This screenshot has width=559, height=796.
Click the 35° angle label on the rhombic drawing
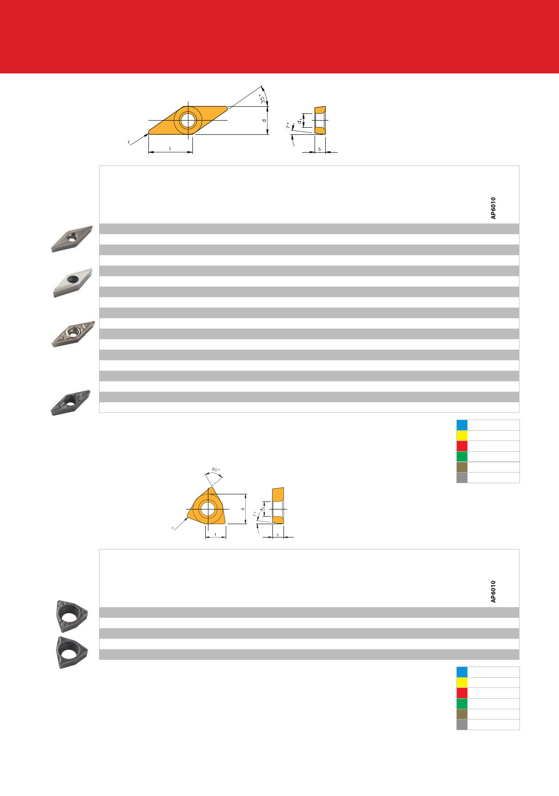[x=263, y=99]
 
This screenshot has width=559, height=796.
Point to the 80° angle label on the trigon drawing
[x=216, y=470]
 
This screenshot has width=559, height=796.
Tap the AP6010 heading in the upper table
[x=493, y=208]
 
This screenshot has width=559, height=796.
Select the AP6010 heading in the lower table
[x=493, y=592]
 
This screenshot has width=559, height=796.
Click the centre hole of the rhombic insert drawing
[x=188, y=120]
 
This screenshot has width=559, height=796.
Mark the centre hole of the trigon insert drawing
[x=207, y=509]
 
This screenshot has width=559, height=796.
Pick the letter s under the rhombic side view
[x=319, y=149]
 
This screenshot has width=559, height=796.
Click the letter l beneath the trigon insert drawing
[x=216, y=534]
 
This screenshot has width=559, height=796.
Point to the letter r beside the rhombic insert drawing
[x=129, y=142]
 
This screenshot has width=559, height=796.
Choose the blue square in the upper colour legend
[x=462, y=425]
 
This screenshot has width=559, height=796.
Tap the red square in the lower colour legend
[x=462, y=693]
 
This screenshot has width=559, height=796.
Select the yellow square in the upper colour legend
[x=462, y=436]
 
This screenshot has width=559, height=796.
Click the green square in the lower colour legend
[x=462, y=703]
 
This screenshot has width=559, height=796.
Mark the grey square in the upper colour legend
[x=462, y=478]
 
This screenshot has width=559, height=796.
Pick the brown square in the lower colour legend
[x=462, y=714]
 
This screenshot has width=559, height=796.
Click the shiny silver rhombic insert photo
[x=72, y=283]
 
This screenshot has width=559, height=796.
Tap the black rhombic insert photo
[x=71, y=403]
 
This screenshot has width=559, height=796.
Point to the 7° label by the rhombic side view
[x=288, y=126]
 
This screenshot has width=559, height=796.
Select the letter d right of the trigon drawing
[x=243, y=509]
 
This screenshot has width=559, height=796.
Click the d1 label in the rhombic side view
[x=300, y=120]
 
